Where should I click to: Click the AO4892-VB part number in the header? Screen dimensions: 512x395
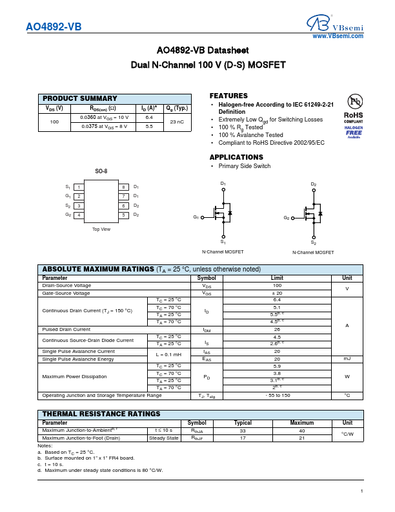click(54, 28)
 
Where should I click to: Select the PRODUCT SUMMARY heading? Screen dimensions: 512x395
click(80, 98)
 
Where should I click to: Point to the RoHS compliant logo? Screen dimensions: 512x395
click(353, 117)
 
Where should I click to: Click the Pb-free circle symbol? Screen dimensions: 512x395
click(354, 101)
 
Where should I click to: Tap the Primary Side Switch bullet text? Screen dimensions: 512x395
click(245, 166)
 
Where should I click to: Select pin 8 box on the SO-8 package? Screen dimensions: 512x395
click(123, 187)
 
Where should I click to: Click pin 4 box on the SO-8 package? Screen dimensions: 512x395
click(79, 215)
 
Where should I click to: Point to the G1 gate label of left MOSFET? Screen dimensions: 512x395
click(196, 218)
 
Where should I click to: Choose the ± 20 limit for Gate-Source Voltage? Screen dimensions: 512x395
click(277, 293)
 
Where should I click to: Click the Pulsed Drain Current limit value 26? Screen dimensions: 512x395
click(277, 330)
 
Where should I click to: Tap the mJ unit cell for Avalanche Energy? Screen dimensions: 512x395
click(347, 359)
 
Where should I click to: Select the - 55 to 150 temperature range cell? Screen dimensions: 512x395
click(277, 395)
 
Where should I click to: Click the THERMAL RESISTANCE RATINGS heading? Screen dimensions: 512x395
click(101, 414)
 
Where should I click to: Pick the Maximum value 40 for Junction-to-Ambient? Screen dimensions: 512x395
click(301, 430)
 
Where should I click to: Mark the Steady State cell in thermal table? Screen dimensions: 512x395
click(164, 438)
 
